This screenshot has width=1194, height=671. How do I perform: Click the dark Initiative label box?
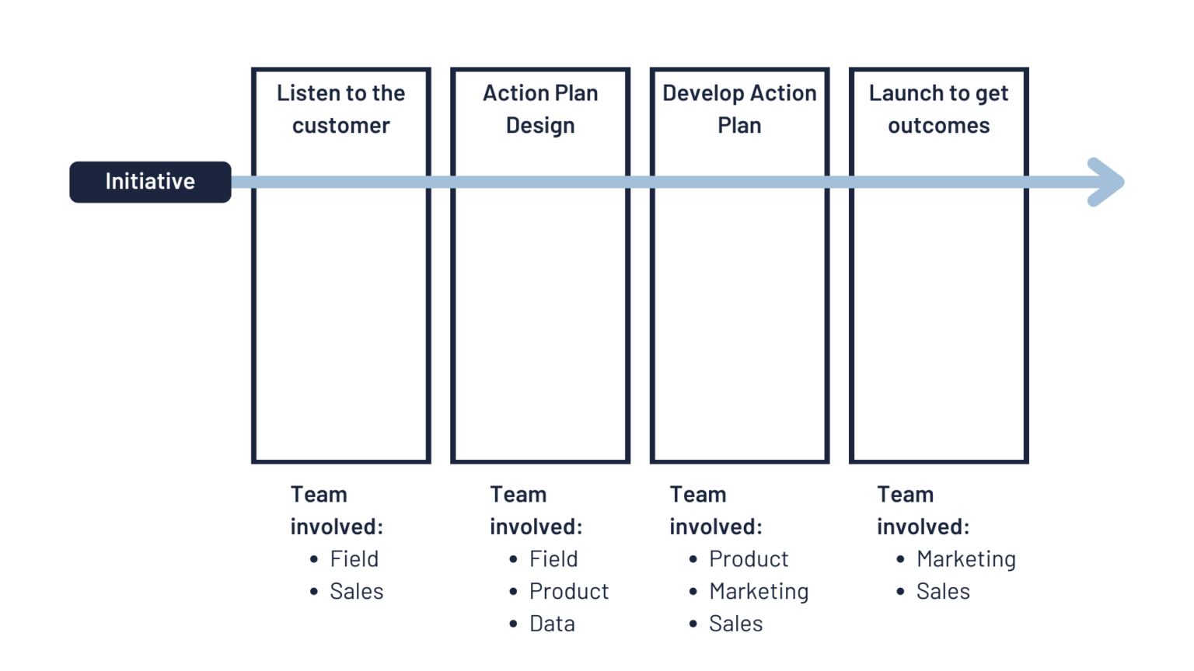tap(150, 182)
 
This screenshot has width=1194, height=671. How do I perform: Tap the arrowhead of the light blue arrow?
tap(1108, 183)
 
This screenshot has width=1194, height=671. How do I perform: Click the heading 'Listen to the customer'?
tap(341, 110)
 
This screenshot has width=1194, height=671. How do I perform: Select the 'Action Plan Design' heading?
tap(540, 110)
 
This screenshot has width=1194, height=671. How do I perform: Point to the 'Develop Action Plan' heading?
tap(739, 110)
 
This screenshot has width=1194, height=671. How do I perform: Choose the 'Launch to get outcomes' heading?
tap(939, 110)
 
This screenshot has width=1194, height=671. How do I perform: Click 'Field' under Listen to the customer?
tap(354, 558)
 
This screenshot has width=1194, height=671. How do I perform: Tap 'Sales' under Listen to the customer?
tap(357, 591)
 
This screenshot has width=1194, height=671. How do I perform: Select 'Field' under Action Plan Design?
tap(553, 558)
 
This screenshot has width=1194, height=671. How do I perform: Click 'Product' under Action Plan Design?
tap(569, 591)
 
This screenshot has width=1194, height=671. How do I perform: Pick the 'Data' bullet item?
tap(552, 624)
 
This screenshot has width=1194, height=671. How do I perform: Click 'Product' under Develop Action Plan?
tap(749, 558)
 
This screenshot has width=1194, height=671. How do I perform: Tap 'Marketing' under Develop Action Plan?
tap(759, 591)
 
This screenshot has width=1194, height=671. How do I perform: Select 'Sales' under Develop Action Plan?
tap(735, 624)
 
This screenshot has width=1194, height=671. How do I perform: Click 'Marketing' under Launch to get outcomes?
tap(966, 558)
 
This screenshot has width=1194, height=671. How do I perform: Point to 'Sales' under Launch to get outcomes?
tap(943, 591)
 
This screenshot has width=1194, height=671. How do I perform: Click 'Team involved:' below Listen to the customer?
tap(337, 510)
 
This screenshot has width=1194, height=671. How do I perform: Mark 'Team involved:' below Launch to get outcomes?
tap(923, 510)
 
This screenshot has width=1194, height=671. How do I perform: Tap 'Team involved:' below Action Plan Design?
tap(536, 510)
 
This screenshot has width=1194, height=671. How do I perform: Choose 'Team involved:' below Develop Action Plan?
tap(716, 510)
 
